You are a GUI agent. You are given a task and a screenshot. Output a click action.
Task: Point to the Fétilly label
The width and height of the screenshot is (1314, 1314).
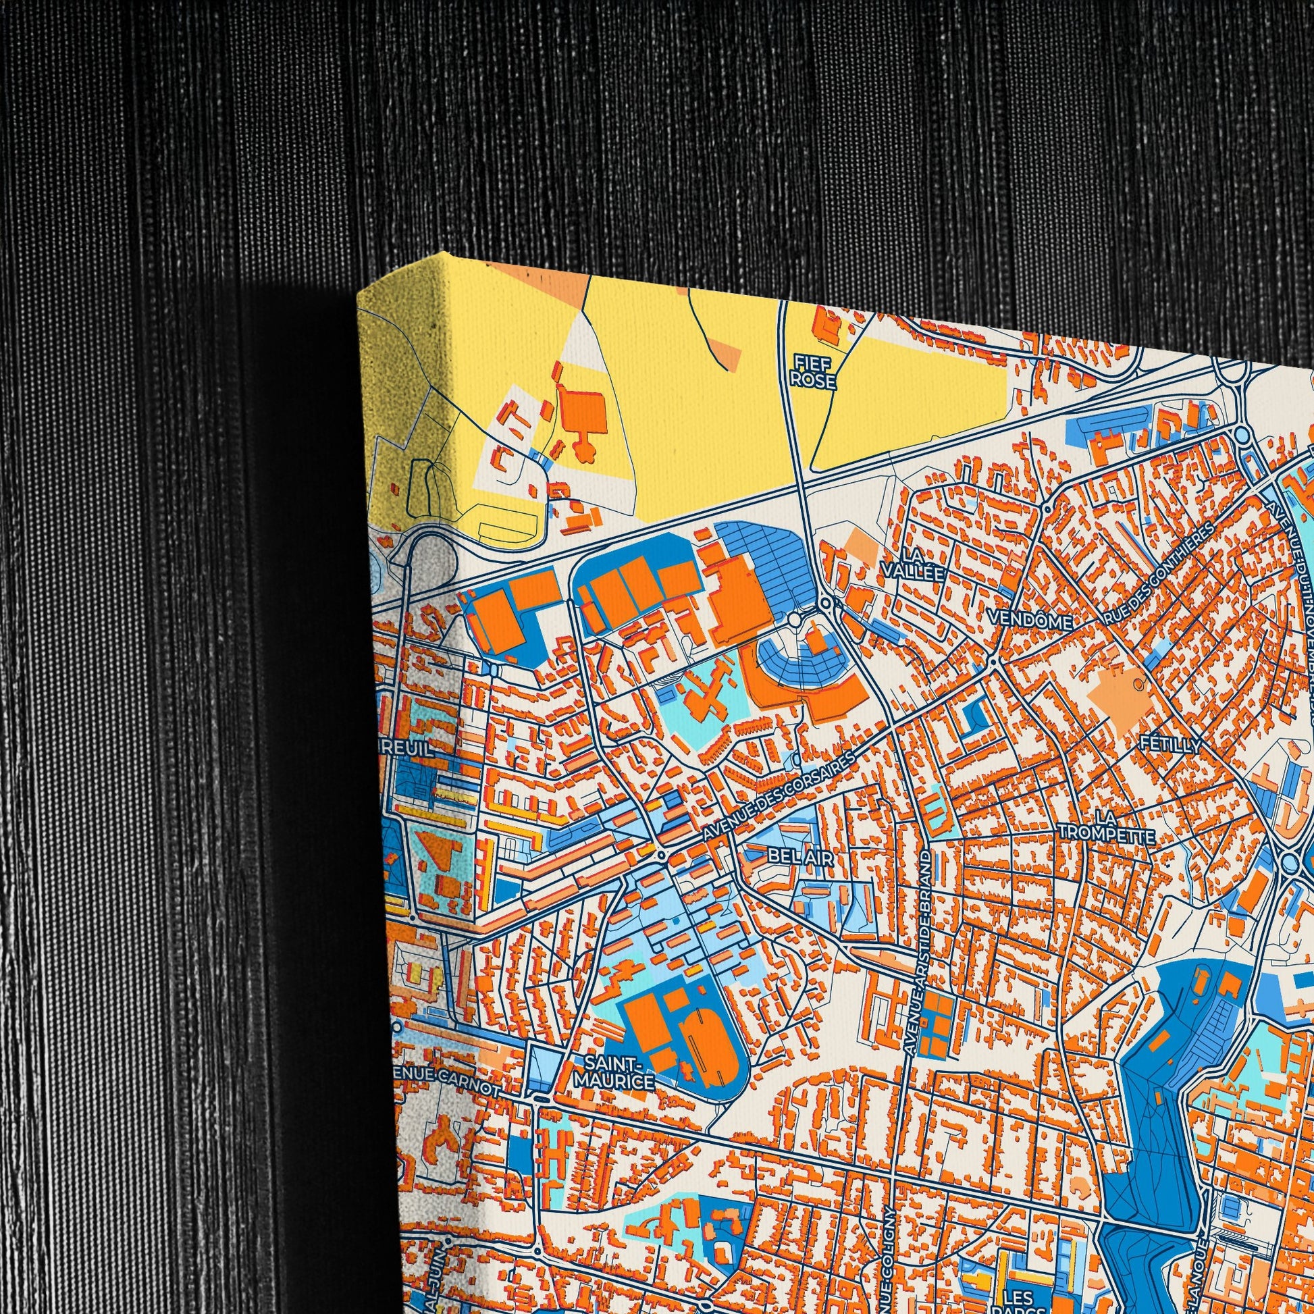click(1172, 745)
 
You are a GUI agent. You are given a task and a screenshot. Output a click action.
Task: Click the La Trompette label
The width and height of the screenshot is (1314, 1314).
click(1106, 824)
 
